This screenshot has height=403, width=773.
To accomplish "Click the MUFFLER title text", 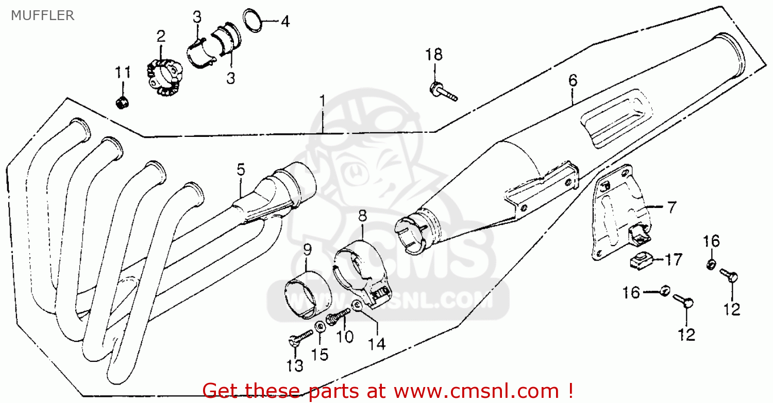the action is point(43,15).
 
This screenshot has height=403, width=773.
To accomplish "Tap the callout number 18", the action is point(434,55).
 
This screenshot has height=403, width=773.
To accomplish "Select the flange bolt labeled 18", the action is point(443,92).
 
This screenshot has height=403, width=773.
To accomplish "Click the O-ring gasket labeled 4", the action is point(253,21).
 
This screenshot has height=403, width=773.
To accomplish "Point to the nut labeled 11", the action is point(122,102).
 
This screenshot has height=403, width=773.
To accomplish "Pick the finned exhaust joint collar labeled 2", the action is point(164,77).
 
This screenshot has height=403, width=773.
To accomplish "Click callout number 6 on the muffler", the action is point(573,80).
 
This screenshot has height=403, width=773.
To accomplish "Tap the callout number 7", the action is point(671,207).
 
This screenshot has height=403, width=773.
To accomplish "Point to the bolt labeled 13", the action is point(300,338).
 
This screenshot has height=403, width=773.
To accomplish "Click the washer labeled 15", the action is point(320,326).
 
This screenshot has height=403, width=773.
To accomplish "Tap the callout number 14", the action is point(376,344).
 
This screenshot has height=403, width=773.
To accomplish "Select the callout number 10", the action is point(345,337).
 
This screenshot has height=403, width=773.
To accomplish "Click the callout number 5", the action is point(241,170).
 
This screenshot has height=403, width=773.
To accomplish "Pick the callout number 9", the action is point(308,249).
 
